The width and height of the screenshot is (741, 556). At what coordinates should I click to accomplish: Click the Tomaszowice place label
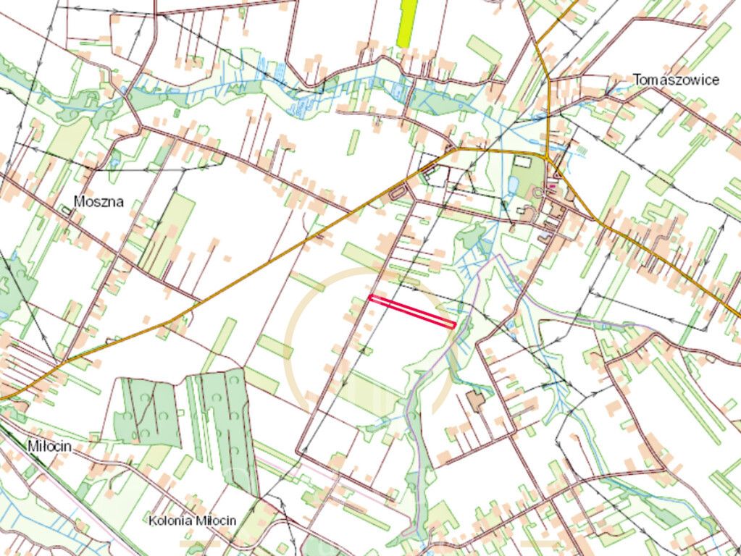pos(675,80)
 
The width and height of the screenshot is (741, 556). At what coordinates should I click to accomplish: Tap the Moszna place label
pos(99,202)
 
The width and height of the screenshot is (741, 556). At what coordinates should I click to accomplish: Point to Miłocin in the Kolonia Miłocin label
pos(217,521)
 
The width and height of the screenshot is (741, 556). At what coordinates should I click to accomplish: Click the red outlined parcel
pos(411,311)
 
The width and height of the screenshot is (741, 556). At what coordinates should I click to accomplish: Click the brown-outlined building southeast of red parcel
pos(476,400)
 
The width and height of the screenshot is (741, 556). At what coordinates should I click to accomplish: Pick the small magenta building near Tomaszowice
pos(553,186)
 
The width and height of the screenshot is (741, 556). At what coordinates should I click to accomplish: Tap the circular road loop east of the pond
pos(537,192)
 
